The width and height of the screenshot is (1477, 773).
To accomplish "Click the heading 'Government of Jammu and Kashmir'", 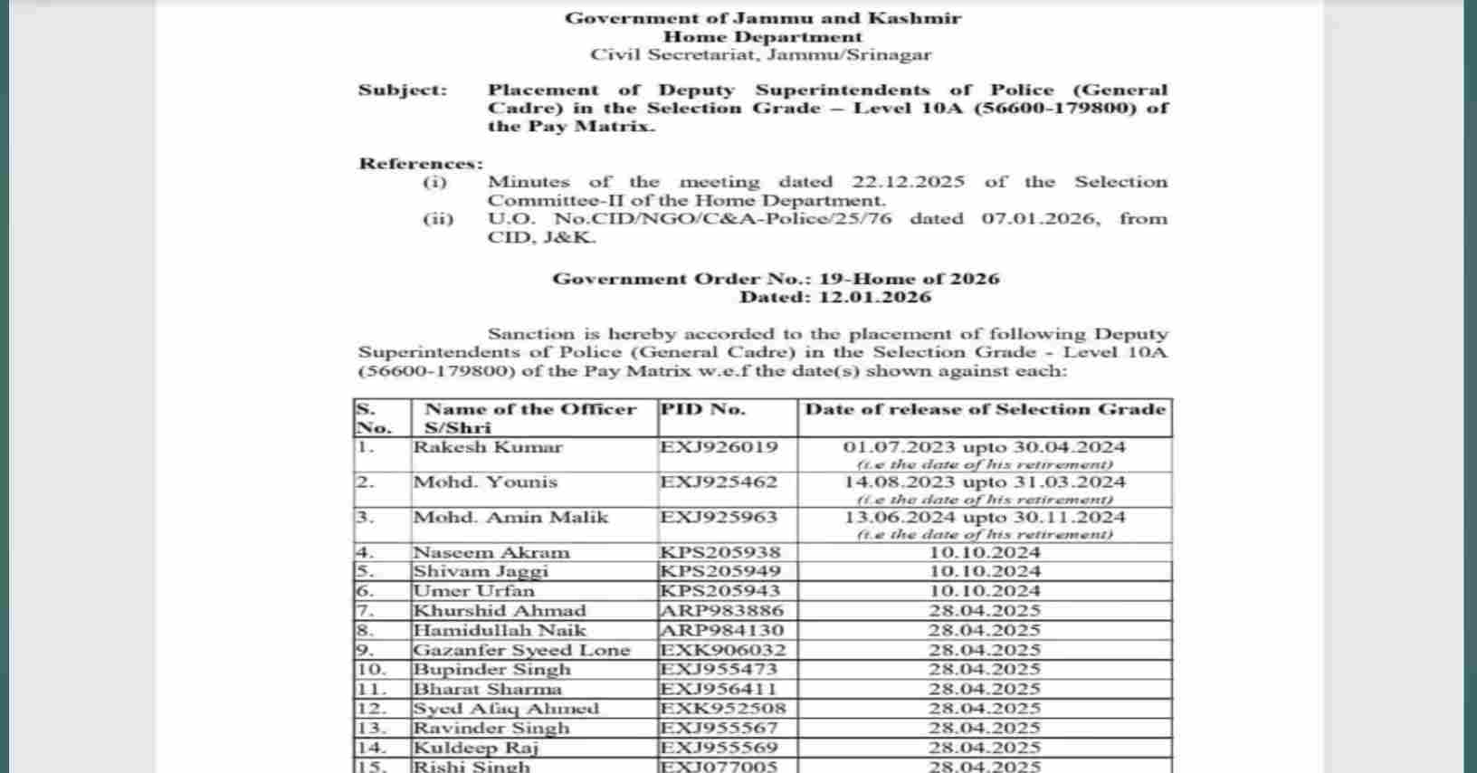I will point(762,18).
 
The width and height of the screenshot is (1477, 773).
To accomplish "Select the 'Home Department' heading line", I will point(762,37).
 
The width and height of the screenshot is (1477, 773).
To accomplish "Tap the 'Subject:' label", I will point(403,90).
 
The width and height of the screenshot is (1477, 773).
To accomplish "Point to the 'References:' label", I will point(421,164).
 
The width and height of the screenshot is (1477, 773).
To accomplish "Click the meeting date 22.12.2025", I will point(908,182).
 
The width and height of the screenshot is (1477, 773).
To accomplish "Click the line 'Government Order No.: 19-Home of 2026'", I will point(776,279).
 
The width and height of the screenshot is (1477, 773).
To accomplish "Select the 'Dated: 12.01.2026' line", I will point(834,297).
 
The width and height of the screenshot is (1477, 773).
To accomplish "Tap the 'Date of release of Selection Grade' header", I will point(985,409).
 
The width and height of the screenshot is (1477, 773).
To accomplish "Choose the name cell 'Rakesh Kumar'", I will point(488,447).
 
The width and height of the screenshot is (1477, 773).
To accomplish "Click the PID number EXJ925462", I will point(719,482).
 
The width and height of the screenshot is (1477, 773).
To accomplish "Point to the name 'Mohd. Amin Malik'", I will point(510,518).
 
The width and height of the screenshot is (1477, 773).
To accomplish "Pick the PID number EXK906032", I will point(723,650).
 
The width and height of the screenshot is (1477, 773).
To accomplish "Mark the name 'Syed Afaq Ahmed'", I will point(506,709).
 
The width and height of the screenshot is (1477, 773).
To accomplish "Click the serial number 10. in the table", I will point(372,670).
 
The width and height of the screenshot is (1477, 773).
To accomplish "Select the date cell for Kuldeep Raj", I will point(985,748).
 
